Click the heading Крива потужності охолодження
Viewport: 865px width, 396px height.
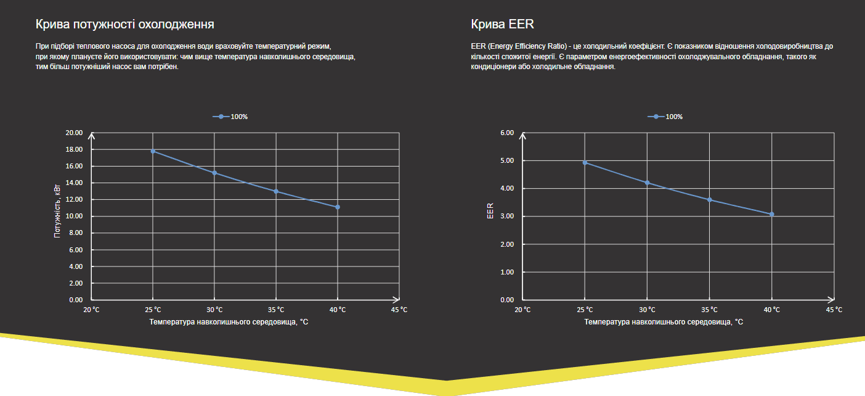[x=125, y=25]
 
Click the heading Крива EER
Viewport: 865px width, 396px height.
[x=502, y=25]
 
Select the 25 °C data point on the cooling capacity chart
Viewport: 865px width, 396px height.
[x=153, y=151]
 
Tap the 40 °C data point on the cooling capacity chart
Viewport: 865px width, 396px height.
[x=338, y=207]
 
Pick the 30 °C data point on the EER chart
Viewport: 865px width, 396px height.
[x=647, y=183]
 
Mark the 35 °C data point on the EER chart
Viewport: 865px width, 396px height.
[x=710, y=200]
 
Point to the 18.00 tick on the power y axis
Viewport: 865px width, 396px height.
[x=74, y=149]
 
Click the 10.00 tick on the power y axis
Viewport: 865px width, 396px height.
[x=74, y=217]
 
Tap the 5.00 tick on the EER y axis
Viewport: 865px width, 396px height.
[x=507, y=160]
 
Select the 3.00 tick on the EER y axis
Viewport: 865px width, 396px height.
[x=507, y=217]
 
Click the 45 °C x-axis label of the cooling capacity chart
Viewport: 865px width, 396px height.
[x=399, y=310]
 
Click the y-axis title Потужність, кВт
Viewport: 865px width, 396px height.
[x=57, y=212]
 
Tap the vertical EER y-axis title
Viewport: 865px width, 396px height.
[x=490, y=211]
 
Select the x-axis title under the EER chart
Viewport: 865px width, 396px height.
[x=664, y=322]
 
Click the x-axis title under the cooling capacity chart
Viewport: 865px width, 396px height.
[x=229, y=322]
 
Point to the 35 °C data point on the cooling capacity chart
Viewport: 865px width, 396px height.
[x=276, y=191]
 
